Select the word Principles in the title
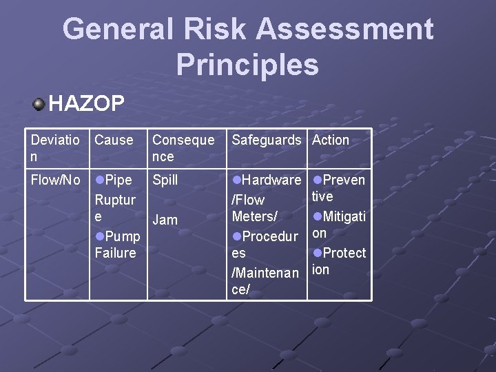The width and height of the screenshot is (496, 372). (x=247, y=64)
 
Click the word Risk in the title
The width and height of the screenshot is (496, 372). (x=215, y=30)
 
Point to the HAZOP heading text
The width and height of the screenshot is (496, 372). (x=87, y=104)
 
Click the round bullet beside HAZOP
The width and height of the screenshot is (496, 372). (x=39, y=104)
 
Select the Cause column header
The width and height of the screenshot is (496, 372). (x=114, y=140)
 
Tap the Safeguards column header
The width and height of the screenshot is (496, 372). (x=267, y=140)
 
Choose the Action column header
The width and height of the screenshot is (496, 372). (x=331, y=140)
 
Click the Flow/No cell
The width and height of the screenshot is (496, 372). (x=56, y=180)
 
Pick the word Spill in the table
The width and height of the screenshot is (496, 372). (x=165, y=180)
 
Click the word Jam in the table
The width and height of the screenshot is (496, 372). (x=165, y=220)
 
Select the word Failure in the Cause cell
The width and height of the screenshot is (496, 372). (x=115, y=253)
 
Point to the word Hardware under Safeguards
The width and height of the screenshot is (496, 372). (x=271, y=180)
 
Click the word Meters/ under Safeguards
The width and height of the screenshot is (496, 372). (x=255, y=216)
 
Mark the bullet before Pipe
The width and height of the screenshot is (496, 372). (x=99, y=180)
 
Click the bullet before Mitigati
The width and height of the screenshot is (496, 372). (x=317, y=216)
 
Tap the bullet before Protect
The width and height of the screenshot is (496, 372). (x=317, y=253)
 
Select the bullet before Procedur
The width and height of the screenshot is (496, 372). (x=237, y=236)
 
